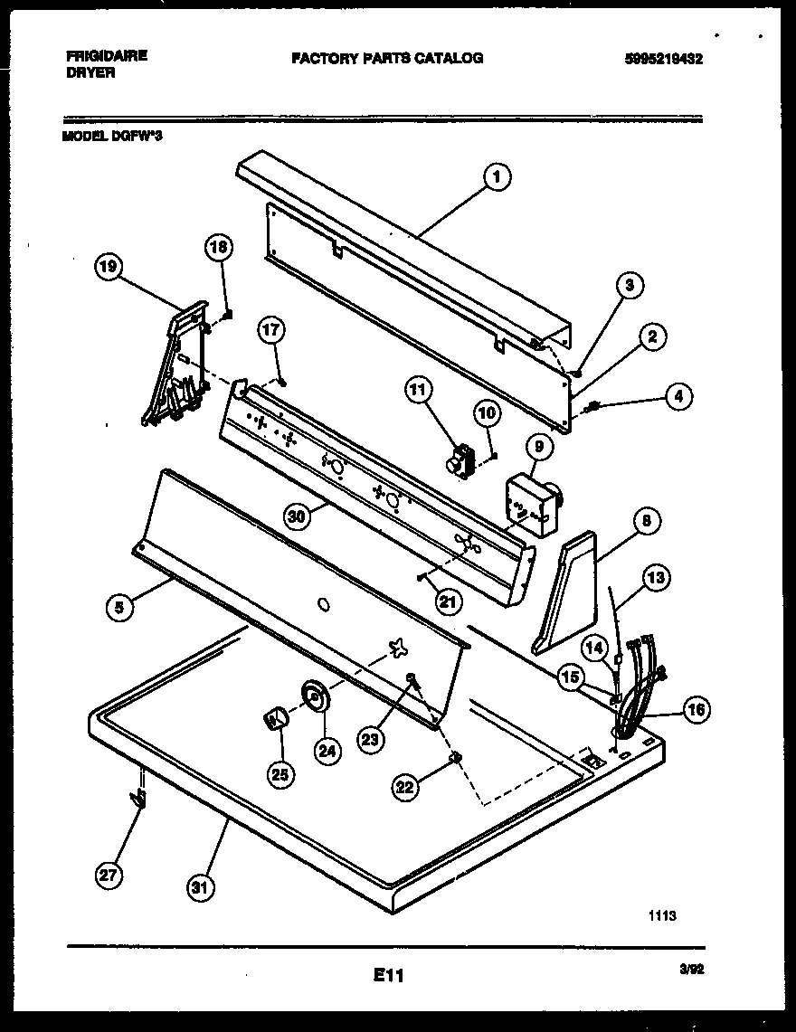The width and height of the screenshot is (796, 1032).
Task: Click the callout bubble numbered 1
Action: point(496,177)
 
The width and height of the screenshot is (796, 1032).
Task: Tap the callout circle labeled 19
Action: point(109,267)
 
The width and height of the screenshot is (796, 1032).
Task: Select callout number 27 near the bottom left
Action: point(109,876)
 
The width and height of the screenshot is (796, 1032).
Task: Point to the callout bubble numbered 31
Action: point(200,887)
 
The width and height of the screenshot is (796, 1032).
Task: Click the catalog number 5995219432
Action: point(663,60)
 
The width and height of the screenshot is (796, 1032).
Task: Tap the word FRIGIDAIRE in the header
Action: point(107,55)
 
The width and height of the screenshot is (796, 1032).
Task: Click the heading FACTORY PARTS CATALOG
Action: point(387,58)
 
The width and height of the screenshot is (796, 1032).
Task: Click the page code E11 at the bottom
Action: point(387,976)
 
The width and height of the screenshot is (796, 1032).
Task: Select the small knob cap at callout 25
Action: point(276,718)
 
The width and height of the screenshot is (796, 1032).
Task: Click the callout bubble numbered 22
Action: point(406,788)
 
